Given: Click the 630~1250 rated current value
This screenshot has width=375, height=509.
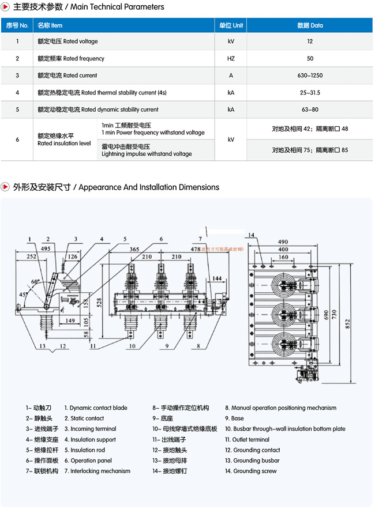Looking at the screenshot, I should [x=310, y=76].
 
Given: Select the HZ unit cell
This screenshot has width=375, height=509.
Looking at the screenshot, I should [x=230, y=58].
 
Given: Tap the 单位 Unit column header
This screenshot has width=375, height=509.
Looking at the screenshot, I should [x=230, y=25].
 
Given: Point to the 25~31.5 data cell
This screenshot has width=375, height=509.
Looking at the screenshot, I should [x=310, y=92].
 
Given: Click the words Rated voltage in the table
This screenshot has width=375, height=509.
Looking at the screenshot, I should [x=80, y=42].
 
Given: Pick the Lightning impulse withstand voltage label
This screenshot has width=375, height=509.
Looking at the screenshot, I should [x=147, y=154].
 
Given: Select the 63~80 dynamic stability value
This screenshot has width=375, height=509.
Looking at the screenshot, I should [x=310, y=110].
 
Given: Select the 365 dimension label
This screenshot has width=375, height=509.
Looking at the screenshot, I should [x=134, y=250].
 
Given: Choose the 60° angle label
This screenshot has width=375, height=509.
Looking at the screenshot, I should [x=36, y=281].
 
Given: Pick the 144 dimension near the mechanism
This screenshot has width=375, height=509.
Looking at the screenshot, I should [x=216, y=278].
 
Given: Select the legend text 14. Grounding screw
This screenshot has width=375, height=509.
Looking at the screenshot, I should [x=250, y=471].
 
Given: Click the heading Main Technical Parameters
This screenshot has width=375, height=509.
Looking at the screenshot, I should [x=123, y=7].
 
